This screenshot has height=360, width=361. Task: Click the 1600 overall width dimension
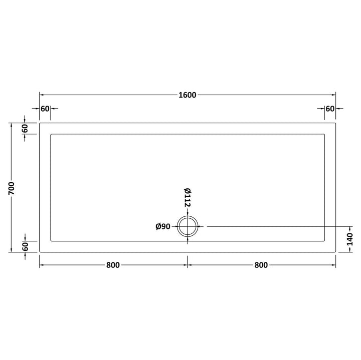point(188,95)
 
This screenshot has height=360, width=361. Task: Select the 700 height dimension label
point(12,188)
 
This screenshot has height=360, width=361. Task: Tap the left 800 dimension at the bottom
point(113,265)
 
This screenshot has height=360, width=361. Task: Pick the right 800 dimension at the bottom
point(261,265)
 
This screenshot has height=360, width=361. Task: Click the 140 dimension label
point(350,239)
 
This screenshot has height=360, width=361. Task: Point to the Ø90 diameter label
point(163,227)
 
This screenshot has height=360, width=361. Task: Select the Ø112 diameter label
point(188,197)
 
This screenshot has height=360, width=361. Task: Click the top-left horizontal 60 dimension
point(45,109)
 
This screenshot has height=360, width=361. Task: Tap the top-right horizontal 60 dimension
point(330,109)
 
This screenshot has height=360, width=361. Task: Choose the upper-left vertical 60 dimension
point(25,129)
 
